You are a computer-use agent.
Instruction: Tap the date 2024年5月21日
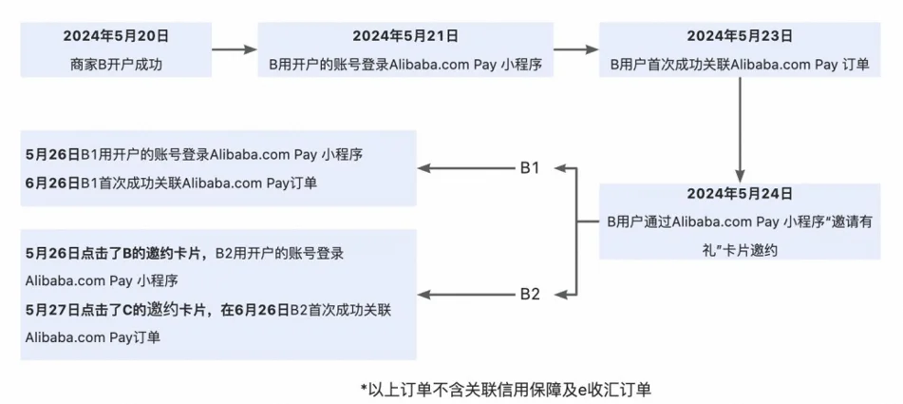(405, 36)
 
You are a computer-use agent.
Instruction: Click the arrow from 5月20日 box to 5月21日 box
(233, 48)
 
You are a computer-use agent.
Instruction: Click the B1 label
(529, 168)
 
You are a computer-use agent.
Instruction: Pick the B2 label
(529, 294)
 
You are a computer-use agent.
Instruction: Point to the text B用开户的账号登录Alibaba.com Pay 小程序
(405, 67)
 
